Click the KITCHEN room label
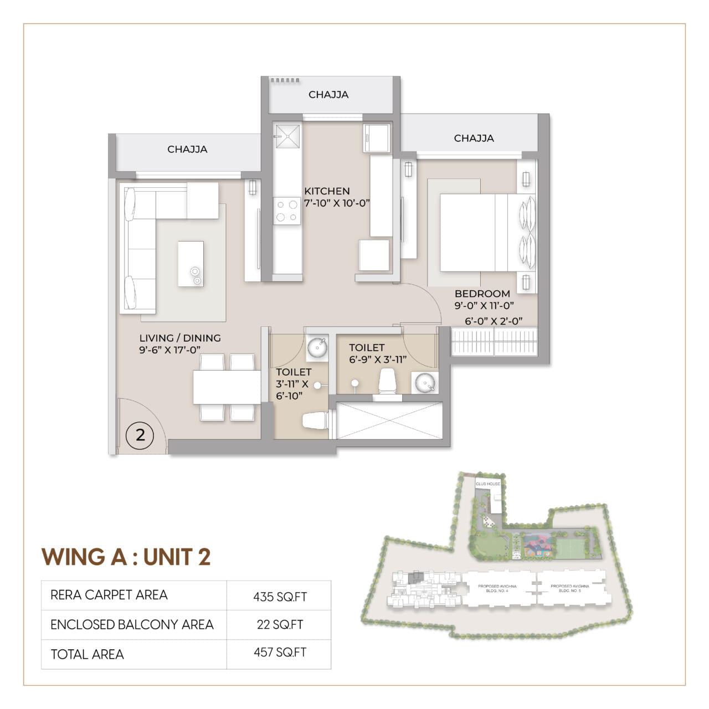pos(327,191)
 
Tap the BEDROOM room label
pos(482,294)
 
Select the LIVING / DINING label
pos(180,338)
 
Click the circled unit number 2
pos(140,435)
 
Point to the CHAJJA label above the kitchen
pos(328,95)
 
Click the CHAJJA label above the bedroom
pos(474,138)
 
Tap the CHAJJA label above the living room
pos(187,149)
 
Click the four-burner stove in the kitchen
pos(287,211)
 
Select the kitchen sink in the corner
pos(287,136)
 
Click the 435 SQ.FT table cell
pos(280,597)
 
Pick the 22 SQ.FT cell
pos(280,624)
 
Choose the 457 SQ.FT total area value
pos(280,653)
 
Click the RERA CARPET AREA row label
pos(109,595)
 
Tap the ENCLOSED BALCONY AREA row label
pos(132,625)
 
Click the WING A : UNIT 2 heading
pos(126,557)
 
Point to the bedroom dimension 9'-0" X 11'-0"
pos(485,305)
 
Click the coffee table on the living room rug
pos(191,264)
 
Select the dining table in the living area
pos(227,387)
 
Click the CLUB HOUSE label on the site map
pos(487,484)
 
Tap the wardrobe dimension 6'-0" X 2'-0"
pos(494,321)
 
